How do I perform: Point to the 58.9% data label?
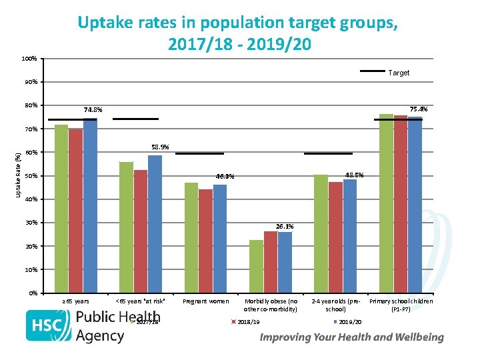(x=160, y=147)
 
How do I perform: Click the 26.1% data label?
(x=285, y=227)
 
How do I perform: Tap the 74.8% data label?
(x=93, y=109)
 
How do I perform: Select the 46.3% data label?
(x=225, y=177)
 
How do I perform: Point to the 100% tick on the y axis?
(x=29, y=59)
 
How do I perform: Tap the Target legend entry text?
(x=399, y=73)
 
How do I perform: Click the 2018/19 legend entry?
(x=247, y=322)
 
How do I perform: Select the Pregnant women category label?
(x=205, y=301)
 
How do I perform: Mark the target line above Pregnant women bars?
(x=199, y=153)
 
